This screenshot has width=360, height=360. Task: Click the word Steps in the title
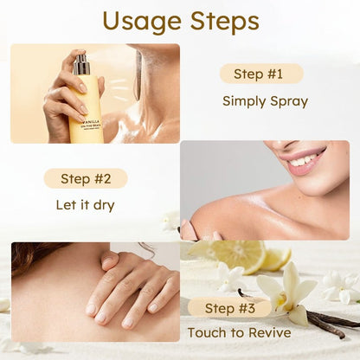coord(225,21)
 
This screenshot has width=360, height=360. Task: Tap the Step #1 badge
coord(261,74)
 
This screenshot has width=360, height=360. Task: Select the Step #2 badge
coord(86,178)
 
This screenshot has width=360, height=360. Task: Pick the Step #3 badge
coord(229,308)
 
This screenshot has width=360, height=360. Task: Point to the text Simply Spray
coord(265,102)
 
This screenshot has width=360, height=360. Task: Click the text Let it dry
coord(85,205)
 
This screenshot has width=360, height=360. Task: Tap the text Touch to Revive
coord(239,332)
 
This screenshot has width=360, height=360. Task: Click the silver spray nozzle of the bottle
coord(80,64)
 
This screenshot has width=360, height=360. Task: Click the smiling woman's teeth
coord(306,158)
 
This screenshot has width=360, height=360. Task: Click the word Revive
coord(270,332)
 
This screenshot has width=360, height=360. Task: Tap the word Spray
coord(289,102)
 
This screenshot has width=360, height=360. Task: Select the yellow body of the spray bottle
coord(86,109)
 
